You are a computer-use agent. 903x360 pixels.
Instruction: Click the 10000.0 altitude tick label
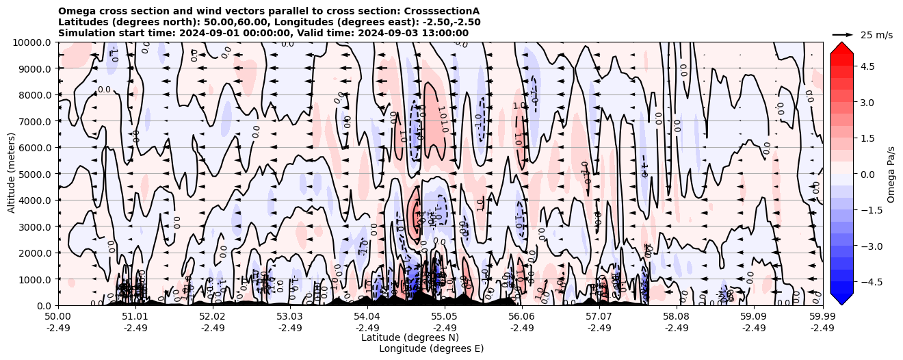tap(29, 42)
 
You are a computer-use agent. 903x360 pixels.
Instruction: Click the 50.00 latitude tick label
tap(57, 317)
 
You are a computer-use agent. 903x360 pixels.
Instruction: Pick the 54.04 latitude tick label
tap(367, 317)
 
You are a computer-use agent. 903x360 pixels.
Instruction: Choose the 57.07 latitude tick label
tap(599, 317)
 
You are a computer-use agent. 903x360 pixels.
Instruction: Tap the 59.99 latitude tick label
tap(822, 317)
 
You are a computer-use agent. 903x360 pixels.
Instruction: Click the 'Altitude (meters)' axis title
tap(12, 174)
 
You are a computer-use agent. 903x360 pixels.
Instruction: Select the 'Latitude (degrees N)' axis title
tap(410, 337)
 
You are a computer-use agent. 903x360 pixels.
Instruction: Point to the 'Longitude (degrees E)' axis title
tap(431, 348)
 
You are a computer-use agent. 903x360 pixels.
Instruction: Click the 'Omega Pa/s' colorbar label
tap(891, 174)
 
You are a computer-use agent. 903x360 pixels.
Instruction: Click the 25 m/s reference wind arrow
tap(842, 34)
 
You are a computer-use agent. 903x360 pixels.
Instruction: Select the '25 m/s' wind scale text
tap(876, 35)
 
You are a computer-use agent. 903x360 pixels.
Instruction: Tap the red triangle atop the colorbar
tap(841, 47)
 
